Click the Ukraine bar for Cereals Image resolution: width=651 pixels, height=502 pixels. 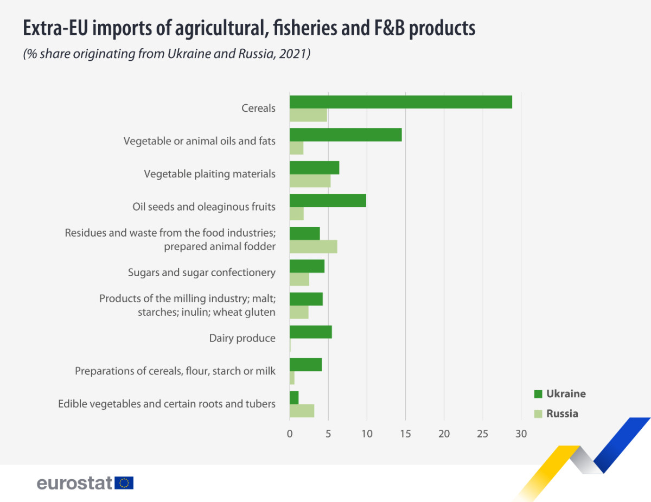400,101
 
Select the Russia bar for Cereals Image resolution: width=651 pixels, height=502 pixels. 308,115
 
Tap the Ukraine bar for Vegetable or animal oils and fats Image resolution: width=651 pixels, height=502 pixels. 346,135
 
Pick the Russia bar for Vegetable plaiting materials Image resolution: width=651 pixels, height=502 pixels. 310,181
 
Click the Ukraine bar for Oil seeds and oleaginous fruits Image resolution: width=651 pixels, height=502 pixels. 328,200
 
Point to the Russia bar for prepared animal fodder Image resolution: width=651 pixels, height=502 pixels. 313,246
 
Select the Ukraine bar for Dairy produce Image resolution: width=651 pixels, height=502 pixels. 310,332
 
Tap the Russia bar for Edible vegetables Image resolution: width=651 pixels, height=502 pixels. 302,411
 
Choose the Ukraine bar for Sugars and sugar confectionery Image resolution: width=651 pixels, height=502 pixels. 307,266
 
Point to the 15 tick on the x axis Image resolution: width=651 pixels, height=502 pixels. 405,434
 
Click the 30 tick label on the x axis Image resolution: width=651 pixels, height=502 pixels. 521,434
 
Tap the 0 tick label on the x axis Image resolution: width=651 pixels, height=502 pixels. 290,434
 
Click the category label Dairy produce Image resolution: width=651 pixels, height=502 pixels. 242,338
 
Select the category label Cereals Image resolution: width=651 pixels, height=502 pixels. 258,108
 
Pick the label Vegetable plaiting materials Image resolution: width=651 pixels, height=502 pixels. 209,174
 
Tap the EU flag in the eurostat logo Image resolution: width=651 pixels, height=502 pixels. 124,482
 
